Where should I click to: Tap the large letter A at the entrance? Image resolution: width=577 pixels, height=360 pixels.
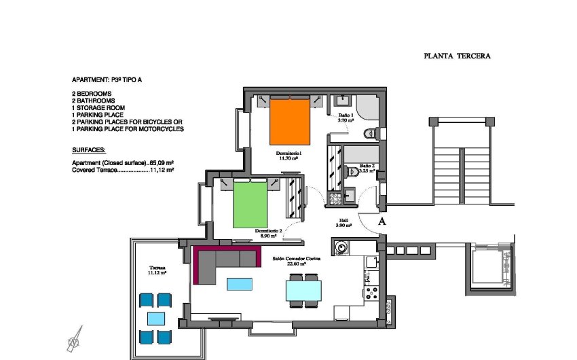[381, 221]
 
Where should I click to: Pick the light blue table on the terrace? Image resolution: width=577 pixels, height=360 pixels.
[155, 318]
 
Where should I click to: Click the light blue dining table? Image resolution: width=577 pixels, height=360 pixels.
[304, 291]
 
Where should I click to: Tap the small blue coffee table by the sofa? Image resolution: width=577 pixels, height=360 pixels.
[241, 283]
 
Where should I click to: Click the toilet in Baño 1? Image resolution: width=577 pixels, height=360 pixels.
[370, 134]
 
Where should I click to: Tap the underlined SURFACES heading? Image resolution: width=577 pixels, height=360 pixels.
[89, 149]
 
